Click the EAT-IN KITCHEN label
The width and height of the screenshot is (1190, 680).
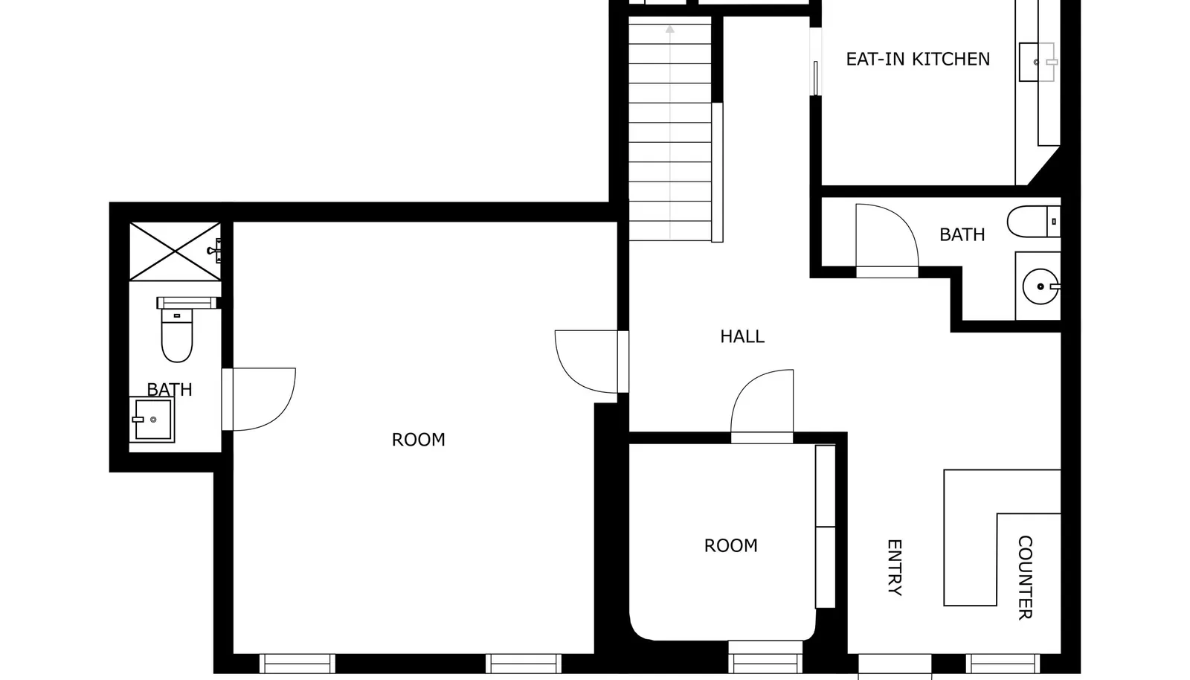(x=918, y=59)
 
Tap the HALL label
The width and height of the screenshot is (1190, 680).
(x=742, y=336)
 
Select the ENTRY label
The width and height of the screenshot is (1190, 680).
(x=895, y=568)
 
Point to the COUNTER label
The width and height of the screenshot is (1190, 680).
(x=1026, y=577)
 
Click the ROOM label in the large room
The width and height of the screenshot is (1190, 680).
(x=418, y=440)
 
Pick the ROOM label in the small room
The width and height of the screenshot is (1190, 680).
(x=730, y=545)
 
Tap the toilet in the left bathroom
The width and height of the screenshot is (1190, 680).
(x=177, y=330)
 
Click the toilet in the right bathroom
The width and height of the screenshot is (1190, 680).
(x=1034, y=222)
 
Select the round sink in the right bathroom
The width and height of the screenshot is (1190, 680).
(x=1041, y=287)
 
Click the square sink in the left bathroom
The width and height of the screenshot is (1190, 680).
(x=152, y=420)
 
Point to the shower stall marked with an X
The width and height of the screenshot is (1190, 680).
(x=175, y=251)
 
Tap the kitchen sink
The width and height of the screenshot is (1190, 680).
(x=1037, y=62)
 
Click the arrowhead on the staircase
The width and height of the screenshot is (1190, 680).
(x=670, y=29)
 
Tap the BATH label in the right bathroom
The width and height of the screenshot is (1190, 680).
(x=962, y=235)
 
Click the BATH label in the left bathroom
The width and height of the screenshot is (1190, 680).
(x=170, y=390)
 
